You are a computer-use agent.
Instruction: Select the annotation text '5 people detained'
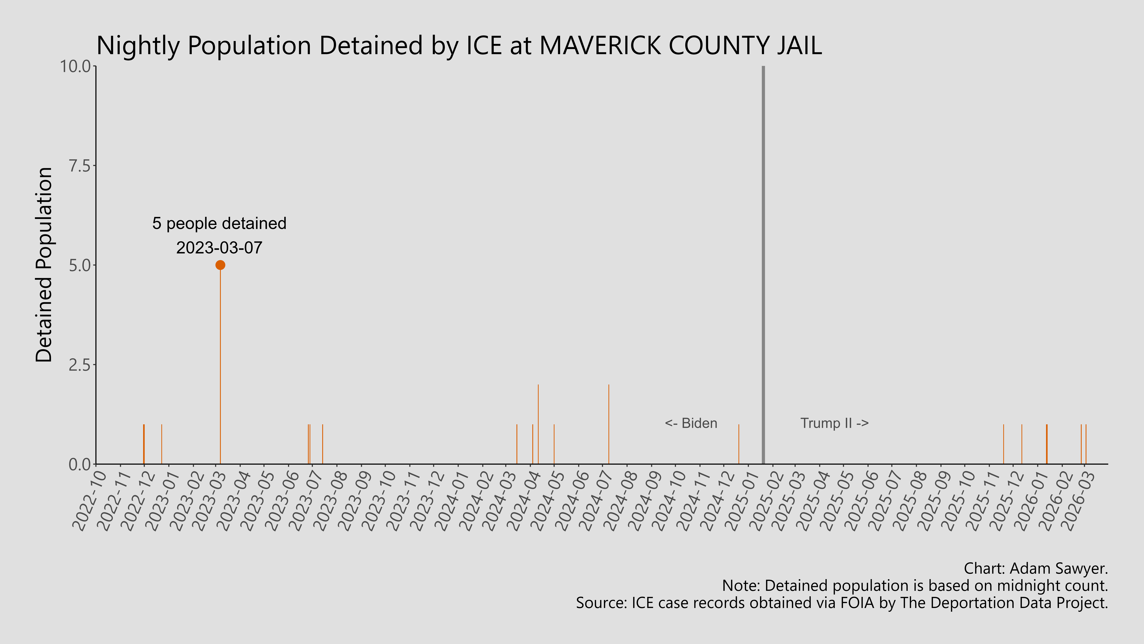219,224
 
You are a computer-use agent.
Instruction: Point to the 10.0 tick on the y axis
78,67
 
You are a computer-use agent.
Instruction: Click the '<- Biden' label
691,423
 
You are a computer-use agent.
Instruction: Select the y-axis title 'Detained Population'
44,265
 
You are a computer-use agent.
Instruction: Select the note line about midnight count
915,586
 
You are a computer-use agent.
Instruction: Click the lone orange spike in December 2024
739,444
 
